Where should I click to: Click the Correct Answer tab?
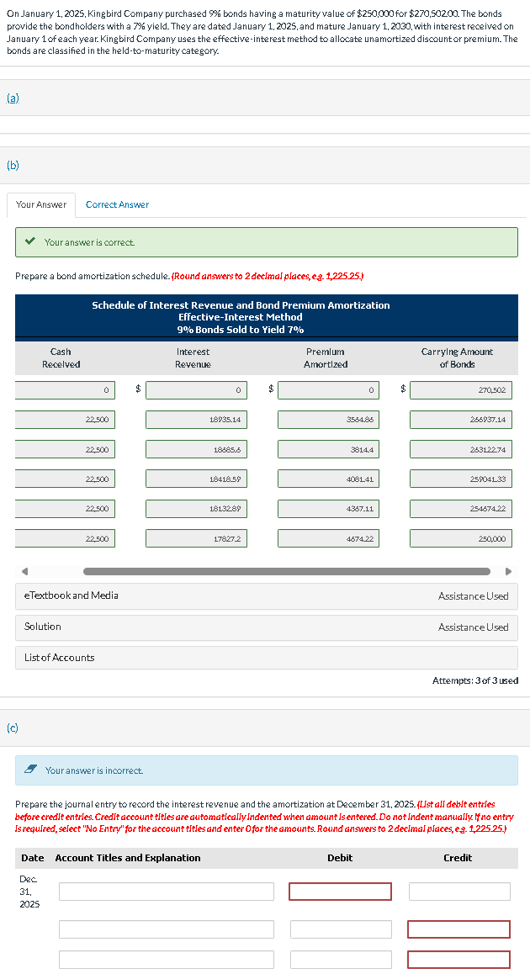tap(117, 204)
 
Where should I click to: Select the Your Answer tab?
tap(41, 204)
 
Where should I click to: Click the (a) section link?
tap(13, 98)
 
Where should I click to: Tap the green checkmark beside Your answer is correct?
tap(30, 242)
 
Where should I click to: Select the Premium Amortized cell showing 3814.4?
tap(328, 449)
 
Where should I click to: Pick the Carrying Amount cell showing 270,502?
tap(460, 389)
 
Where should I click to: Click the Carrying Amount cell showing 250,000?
tap(460, 538)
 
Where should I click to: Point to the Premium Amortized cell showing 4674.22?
tap(328, 538)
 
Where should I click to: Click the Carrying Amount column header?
tap(465, 357)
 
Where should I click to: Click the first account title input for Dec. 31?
tap(166, 892)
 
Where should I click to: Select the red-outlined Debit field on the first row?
tap(341, 892)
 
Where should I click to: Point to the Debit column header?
tap(340, 858)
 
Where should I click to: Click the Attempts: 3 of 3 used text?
tap(474, 680)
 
